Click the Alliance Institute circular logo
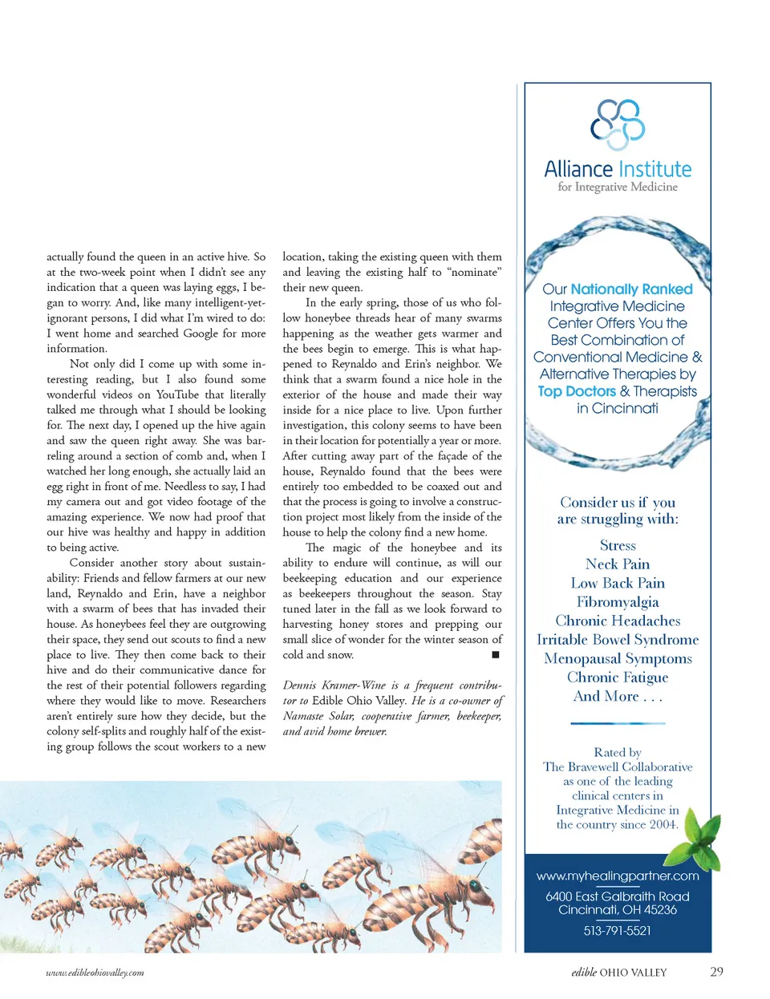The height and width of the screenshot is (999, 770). pyautogui.click(x=618, y=124)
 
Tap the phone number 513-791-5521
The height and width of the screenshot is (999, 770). pyautogui.click(x=617, y=931)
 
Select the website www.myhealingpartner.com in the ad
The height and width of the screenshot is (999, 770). pyautogui.click(x=618, y=876)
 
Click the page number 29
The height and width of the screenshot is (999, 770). pyautogui.click(x=716, y=972)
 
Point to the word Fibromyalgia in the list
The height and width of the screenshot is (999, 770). pyautogui.click(x=618, y=602)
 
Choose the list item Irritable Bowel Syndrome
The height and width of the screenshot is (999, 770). pyautogui.click(x=618, y=640)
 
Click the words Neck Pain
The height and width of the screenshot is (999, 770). pyautogui.click(x=618, y=564)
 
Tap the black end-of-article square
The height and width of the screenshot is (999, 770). pyautogui.click(x=496, y=655)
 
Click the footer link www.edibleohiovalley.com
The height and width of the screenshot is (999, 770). pyautogui.click(x=95, y=973)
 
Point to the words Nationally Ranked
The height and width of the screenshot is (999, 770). pyautogui.click(x=631, y=289)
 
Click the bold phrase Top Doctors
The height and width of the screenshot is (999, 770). pyautogui.click(x=577, y=391)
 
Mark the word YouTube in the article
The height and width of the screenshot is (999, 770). pyautogui.click(x=179, y=394)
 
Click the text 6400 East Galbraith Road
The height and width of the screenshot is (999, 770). pyautogui.click(x=617, y=896)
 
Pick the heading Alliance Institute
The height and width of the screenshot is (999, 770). pyautogui.click(x=618, y=169)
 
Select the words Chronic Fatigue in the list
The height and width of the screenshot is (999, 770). pyautogui.click(x=618, y=677)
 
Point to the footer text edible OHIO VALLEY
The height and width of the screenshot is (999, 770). pyautogui.click(x=618, y=973)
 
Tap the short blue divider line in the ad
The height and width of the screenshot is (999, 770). pyautogui.click(x=618, y=723)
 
